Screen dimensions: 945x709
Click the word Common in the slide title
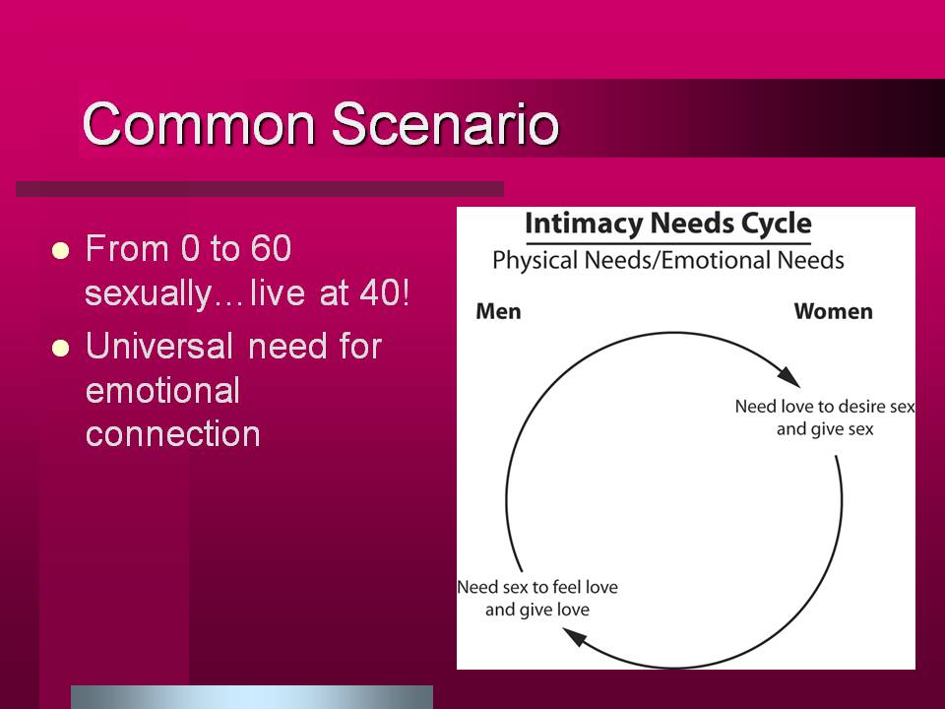point(199,124)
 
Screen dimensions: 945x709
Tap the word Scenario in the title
point(445,124)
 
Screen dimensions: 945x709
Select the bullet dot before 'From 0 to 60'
point(60,250)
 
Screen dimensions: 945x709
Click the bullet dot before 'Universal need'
point(60,348)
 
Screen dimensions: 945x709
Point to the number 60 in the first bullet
point(272,248)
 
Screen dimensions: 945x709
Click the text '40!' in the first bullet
point(385,293)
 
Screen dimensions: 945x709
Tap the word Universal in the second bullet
point(159,346)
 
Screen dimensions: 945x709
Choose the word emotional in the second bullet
point(162,391)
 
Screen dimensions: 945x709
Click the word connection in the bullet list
point(173,433)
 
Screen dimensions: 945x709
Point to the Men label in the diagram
point(498,312)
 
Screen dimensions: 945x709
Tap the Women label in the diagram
point(834,312)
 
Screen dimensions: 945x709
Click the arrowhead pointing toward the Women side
point(789,376)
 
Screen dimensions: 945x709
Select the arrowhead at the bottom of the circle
point(574,636)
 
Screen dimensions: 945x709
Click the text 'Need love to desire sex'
point(825,407)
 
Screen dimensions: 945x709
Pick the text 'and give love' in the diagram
point(537,610)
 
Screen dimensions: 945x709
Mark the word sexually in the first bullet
point(149,294)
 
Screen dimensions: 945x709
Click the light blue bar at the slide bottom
point(252,697)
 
